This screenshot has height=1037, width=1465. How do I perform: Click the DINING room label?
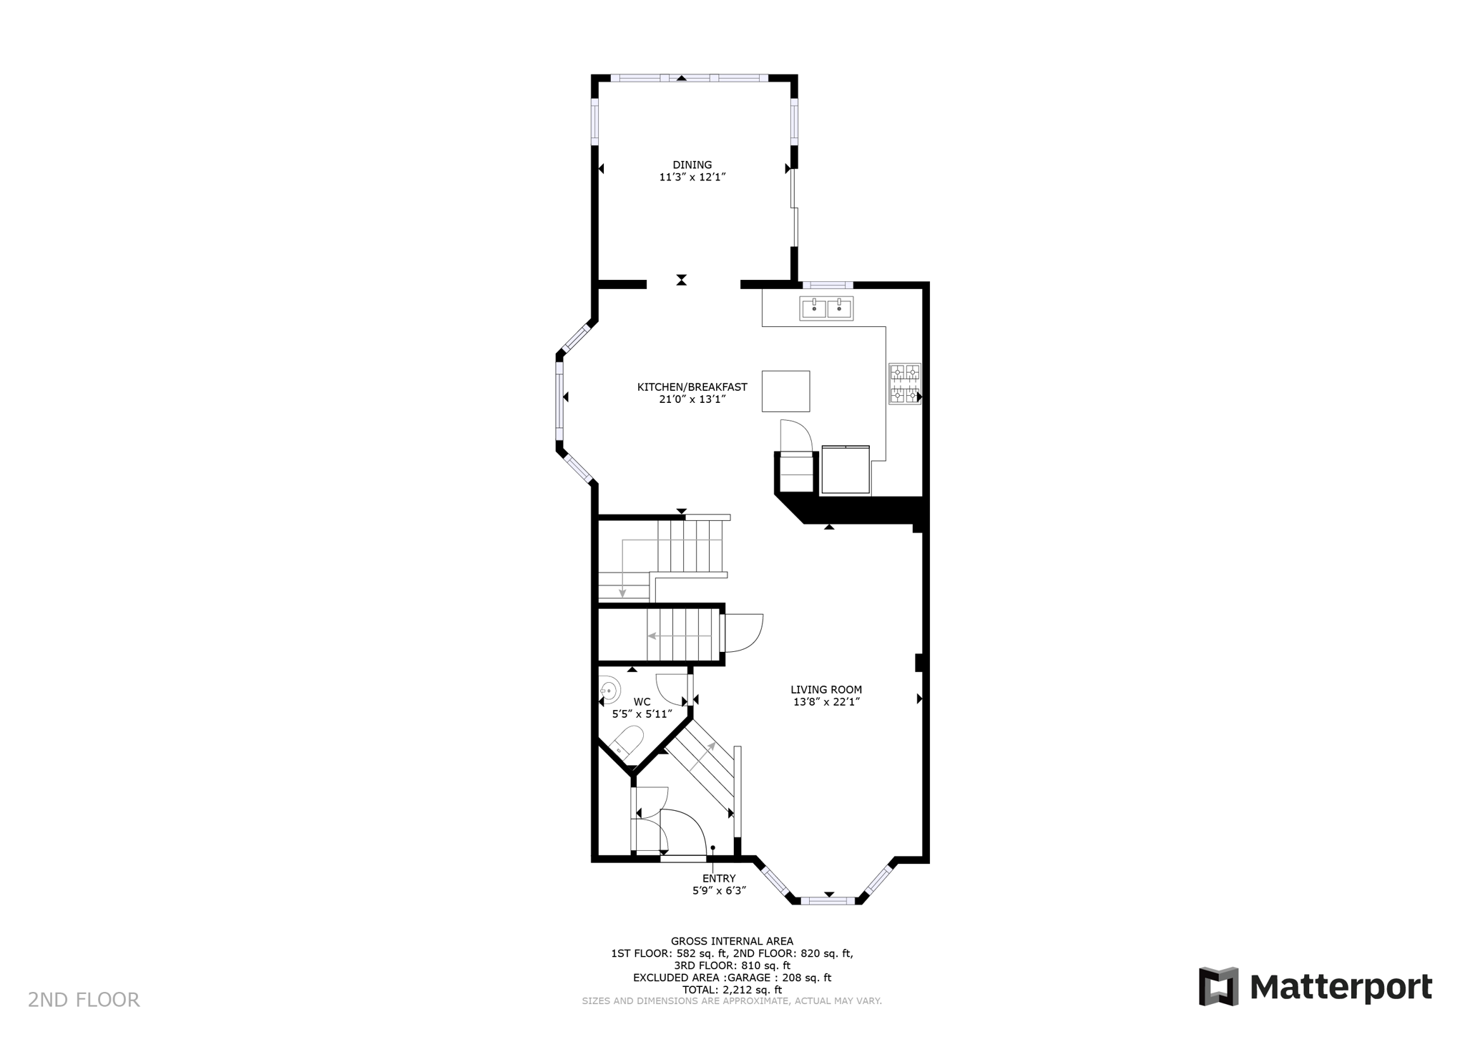pyautogui.click(x=692, y=165)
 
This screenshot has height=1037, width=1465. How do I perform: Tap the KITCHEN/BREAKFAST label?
pyautogui.click(x=692, y=387)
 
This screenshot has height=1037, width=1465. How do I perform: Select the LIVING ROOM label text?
pyautogui.click(x=826, y=690)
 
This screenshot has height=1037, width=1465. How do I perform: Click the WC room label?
pyautogui.click(x=642, y=702)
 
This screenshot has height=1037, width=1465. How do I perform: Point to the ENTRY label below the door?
pyautogui.click(x=718, y=879)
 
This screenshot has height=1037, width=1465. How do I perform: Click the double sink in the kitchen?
pyautogui.click(x=826, y=308)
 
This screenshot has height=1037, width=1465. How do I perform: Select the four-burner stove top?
pyautogui.click(x=904, y=384)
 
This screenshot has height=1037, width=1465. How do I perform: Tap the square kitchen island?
pyautogui.click(x=785, y=391)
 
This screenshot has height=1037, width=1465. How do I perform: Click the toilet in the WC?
pyautogui.click(x=627, y=744)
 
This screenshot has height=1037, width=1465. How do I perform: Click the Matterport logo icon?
pyautogui.click(x=1218, y=987)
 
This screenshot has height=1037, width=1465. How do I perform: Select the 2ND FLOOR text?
pyautogui.click(x=84, y=1000)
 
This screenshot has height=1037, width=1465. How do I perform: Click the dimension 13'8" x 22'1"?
pyautogui.click(x=826, y=702)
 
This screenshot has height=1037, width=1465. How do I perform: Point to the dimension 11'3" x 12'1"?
pyautogui.click(x=692, y=177)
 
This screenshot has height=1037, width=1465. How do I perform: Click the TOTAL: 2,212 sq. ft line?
pyautogui.click(x=732, y=990)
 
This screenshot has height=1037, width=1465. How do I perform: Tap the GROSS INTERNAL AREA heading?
pyautogui.click(x=732, y=941)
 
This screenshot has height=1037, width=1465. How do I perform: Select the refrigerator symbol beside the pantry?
pyautogui.click(x=846, y=469)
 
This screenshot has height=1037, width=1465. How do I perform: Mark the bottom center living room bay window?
pyautogui.click(x=828, y=900)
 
